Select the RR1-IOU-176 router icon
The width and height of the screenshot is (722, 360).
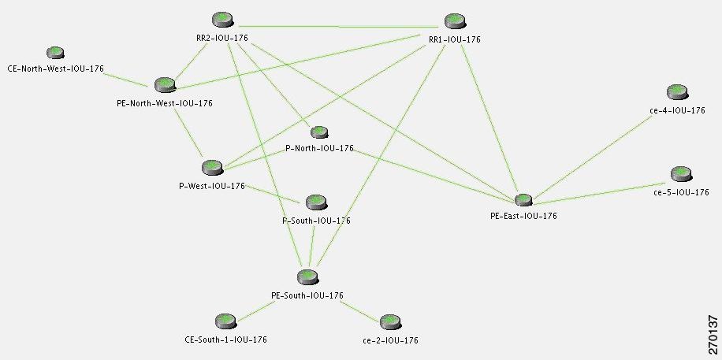pyautogui.click(x=454, y=21)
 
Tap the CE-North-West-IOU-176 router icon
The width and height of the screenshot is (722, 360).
pyautogui.click(x=54, y=54)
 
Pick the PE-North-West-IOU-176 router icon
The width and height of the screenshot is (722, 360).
pyautogui.click(x=165, y=84)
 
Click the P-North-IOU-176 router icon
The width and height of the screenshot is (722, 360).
pyautogui.click(x=319, y=132)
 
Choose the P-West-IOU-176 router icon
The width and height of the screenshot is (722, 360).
pyautogui.click(x=212, y=167)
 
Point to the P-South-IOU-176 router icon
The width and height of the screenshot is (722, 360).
pyautogui.click(x=316, y=202)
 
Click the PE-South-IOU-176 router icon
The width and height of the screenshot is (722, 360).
pyautogui.click(x=307, y=276)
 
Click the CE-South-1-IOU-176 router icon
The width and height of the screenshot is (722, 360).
pyautogui.click(x=225, y=321)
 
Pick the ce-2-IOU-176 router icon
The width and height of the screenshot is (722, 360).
pyautogui.click(x=390, y=321)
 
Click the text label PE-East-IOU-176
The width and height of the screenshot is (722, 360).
pyautogui.click(x=523, y=216)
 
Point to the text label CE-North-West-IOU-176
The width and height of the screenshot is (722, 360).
pyautogui.click(x=55, y=69)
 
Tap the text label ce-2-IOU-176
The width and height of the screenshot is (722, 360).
pyautogui.click(x=390, y=340)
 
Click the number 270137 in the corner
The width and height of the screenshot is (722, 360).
pyautogui.click(x=713, y=334)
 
